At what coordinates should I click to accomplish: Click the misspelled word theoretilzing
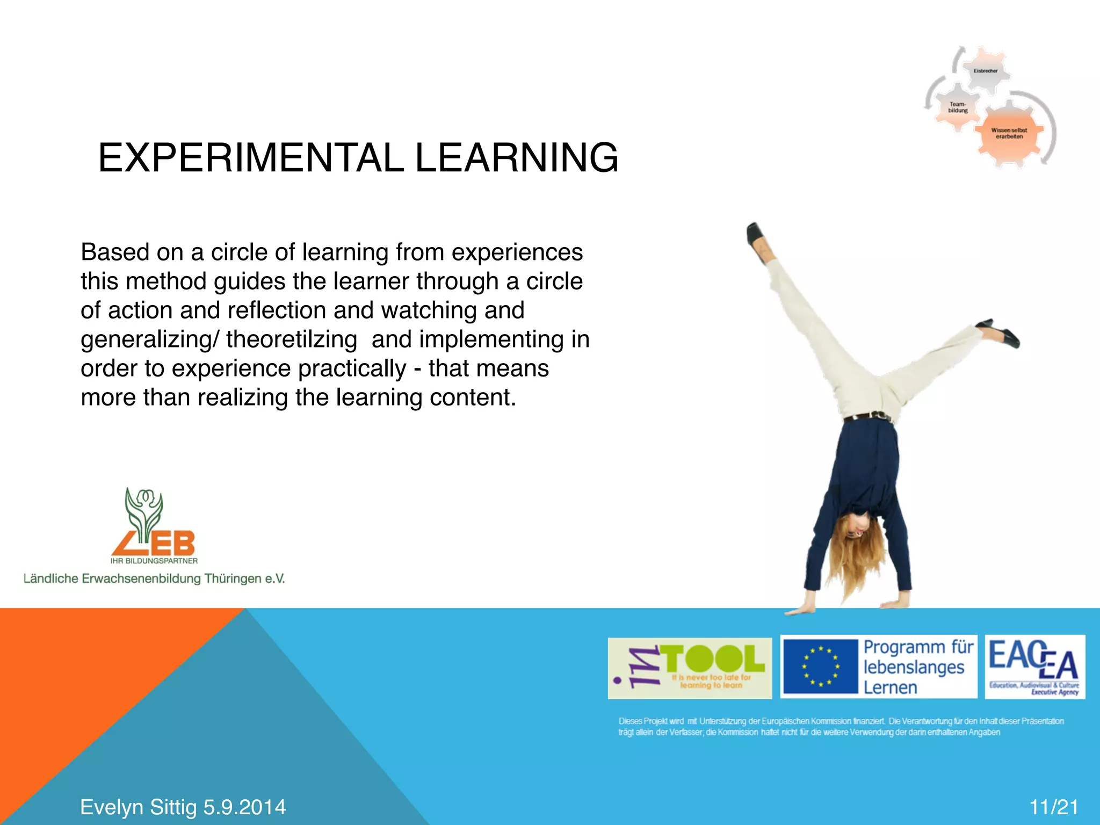291,339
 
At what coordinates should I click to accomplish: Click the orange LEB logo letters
156,544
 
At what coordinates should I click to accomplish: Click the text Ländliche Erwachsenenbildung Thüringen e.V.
154,578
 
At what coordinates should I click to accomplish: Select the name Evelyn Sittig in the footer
139,807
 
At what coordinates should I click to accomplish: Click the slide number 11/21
1053,807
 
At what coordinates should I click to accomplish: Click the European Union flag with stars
820,667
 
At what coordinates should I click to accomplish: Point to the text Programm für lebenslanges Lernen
917,667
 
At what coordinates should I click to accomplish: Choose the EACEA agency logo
1034,667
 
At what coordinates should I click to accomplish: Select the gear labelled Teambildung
958,107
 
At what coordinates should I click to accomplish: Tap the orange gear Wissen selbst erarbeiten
1009,133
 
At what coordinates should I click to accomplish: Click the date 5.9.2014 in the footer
244,807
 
